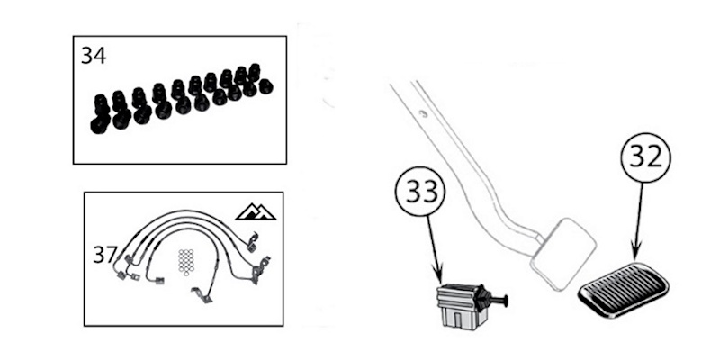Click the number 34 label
click(x=93, y=56)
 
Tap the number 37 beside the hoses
click(x=105, y=255)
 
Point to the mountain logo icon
click(x=255, y=211)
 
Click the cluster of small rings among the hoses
click(x=187, y=260)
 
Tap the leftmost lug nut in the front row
click(x=100, y=121)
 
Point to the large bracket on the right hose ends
click(x=260, y=269)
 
